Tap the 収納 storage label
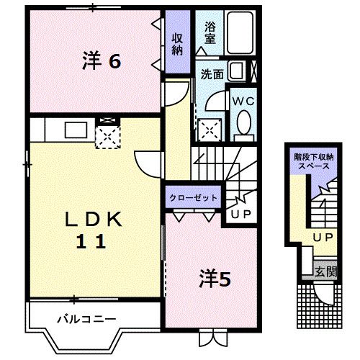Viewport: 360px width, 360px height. tap(177, 44)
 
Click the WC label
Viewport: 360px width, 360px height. tap(240, 102)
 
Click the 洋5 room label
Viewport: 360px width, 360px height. tap(215, 279)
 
